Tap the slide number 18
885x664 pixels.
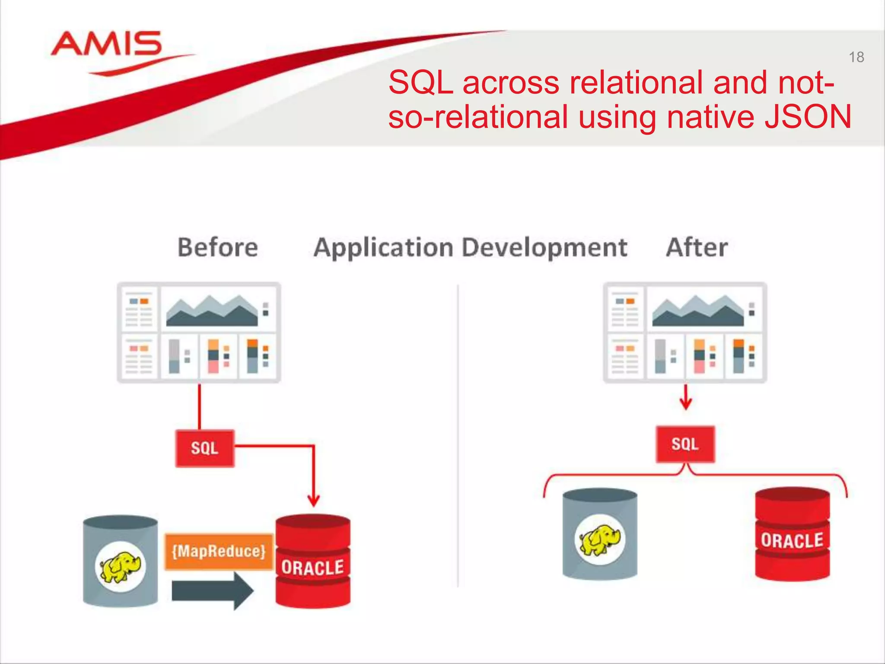click(856, 57)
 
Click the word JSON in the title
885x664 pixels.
click(808, 117)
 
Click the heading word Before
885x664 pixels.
click(218, 247)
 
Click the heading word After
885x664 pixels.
click(697, 247)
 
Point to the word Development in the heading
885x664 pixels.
click(544, 247)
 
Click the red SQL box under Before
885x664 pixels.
click(205, 448)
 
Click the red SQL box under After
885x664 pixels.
click(685, 444)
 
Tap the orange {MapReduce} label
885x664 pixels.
click(219, 552)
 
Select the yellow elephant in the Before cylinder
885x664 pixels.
click(121, 566)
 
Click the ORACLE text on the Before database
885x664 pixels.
click(312, 568)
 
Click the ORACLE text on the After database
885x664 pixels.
click(792, 541)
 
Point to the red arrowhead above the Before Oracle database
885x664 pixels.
click(314, 501)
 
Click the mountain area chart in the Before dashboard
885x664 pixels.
click(212, 311)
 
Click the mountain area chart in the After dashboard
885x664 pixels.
click(697, 311)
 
